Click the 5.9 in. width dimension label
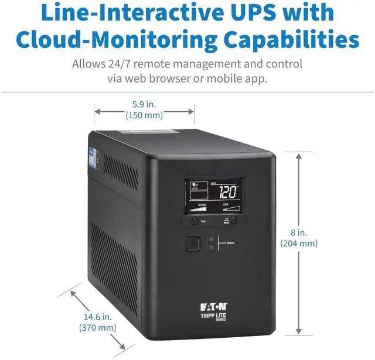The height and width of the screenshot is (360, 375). pyautogui.click(x=144, y=104)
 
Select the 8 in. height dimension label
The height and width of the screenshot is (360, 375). pyautogui.click(x=299, y=232)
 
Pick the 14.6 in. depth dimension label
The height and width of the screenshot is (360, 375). pyautogui.click(x=97, y=317)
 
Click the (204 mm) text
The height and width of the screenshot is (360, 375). pyautogui.click(x=299, y=244)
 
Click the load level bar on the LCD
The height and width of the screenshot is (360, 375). pyautogui.click(x=231, y=208)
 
